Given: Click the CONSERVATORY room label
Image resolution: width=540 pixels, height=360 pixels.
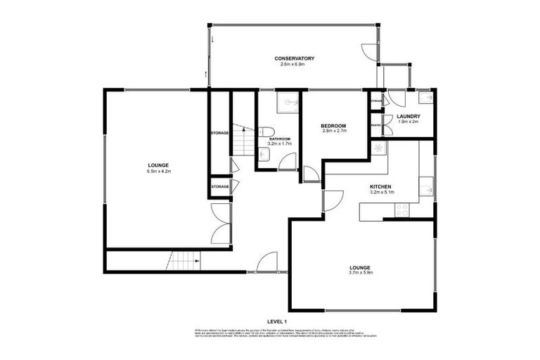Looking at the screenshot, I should tap(294, 58).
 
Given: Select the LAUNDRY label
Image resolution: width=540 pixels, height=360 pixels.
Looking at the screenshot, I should tap(409, 116).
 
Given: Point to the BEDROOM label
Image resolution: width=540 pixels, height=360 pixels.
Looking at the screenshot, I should tap(334, 125).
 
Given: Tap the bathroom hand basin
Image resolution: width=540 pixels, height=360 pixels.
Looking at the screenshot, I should tap(259, 159).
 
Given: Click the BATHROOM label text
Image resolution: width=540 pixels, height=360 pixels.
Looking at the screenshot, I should tap(279, 139).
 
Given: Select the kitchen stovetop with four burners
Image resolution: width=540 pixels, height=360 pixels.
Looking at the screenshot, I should tap(403, 209).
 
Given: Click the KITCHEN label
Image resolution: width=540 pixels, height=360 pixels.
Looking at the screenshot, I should tap(382, 186).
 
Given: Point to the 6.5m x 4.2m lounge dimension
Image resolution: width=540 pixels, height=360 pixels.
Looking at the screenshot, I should tap(159, 171).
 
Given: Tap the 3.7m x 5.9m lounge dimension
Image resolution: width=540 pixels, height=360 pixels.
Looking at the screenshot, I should tap(361, 273).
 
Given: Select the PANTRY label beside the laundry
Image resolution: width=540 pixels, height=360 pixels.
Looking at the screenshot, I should tap(375, 126).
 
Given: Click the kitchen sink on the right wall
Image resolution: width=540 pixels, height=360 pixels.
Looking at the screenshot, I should tap(426, 188).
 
